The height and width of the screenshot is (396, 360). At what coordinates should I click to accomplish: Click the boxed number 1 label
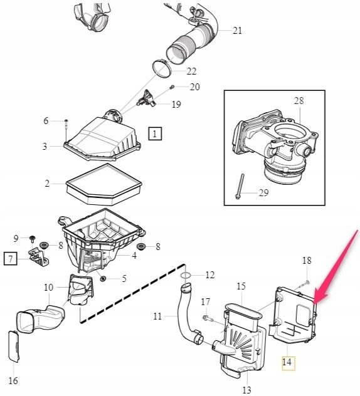[155, 133]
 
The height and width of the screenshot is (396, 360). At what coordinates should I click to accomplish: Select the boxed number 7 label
[11, 258]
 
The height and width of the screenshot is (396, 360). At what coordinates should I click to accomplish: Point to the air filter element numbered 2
[103, 185]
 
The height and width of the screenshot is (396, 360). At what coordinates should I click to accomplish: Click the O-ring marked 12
[186, 275]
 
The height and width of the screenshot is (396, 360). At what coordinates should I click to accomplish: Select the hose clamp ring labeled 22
[162, 69]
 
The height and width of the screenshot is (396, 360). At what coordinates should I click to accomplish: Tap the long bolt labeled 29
[240, 186]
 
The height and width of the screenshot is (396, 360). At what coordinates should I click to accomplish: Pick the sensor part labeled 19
[146, 99]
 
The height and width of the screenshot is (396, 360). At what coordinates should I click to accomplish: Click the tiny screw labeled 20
[172, 87]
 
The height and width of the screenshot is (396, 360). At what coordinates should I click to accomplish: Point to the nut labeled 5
[103, 279]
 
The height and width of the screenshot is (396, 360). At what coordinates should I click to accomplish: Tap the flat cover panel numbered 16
[14, 346]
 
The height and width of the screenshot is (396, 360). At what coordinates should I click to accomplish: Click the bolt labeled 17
[208, 318]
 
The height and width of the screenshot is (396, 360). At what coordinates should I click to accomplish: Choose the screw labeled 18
[302, 284]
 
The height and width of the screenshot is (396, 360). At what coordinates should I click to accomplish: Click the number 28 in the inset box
[299, 101]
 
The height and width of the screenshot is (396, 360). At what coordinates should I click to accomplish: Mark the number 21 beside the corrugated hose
[237, 31]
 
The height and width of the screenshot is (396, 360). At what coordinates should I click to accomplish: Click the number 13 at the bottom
[246, 390]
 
